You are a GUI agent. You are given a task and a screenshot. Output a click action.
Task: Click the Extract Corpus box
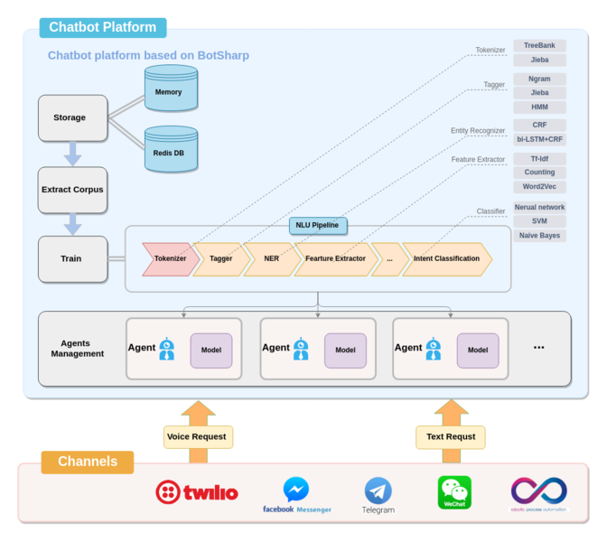point(72,190)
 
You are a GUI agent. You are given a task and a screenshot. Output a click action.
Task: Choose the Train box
point(72,259)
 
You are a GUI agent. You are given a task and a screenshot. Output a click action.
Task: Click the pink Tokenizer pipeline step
point(170,259)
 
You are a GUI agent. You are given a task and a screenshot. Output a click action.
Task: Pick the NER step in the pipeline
point(271,259)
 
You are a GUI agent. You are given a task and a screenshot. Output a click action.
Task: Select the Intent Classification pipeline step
point(446,259)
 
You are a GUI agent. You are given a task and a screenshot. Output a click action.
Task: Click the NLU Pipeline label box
point(318,225)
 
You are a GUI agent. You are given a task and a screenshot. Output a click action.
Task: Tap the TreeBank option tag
point(540,45)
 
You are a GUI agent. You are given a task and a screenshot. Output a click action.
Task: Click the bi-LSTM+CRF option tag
point(540,140)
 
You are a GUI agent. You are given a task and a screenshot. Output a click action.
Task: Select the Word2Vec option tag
point(540,187)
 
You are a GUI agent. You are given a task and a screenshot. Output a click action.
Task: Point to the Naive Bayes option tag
point(540,236)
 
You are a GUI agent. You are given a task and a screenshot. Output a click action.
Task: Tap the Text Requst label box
point(451,437)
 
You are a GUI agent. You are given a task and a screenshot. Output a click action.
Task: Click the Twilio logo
point(196,492)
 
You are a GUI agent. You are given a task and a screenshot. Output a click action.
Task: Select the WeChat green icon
point(454,492)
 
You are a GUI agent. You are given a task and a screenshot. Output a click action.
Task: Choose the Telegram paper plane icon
point(378,491)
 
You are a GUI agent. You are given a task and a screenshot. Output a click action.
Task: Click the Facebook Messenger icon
point(296,490)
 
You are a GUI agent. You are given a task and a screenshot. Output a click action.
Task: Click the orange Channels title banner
point(88,462)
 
